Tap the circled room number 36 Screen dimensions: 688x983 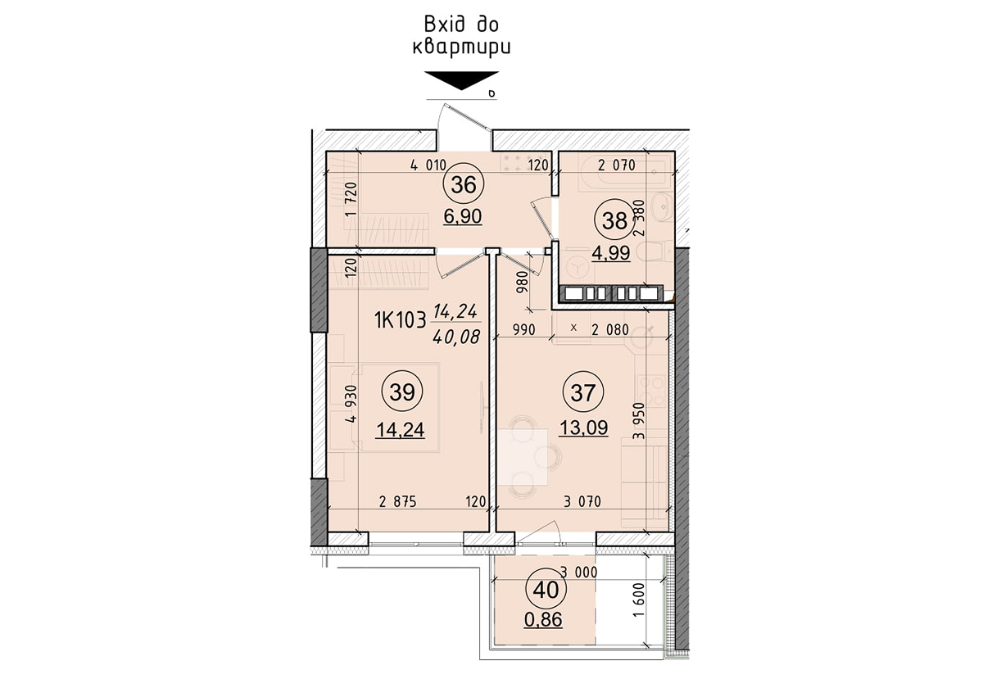point(463,185)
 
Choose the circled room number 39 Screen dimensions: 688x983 point(401,393)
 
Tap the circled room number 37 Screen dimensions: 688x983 point(582,393)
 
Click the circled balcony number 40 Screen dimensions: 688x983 point(545,588)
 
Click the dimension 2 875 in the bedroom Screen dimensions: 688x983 point(399,502)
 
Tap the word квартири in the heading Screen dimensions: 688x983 point(461,47)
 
